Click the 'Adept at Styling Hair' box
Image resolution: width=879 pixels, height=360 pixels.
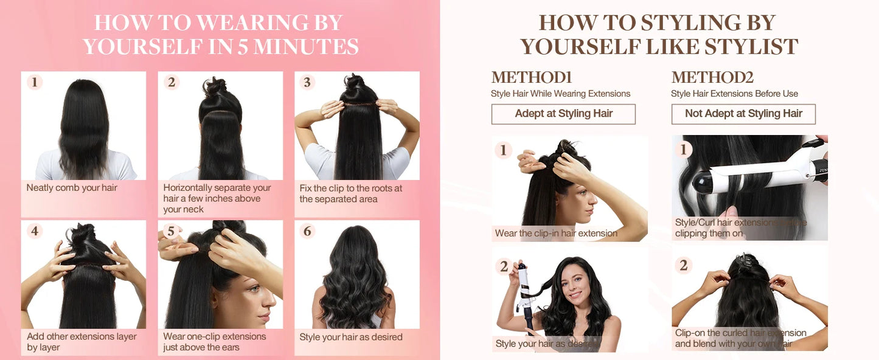click(563, 114)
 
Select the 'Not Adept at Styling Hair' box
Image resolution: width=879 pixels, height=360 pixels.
click(743, 114)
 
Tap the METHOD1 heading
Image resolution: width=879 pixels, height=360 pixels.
click(532, 78)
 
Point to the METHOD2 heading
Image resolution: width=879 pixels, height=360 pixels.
click(712, 78)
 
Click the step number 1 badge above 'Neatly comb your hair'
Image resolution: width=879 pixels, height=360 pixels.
click(35, 82)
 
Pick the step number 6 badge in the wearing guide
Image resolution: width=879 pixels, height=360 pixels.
click(307, 231)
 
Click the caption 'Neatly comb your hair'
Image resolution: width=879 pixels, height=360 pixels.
click(72, 188)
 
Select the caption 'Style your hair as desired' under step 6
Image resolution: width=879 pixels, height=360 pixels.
click(351, 337)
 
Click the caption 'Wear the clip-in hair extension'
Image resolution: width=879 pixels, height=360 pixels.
click(556, 234)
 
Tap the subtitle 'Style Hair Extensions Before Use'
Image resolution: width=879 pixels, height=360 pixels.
click(734, 94)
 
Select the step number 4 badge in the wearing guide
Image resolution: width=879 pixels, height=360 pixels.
click(35, 231)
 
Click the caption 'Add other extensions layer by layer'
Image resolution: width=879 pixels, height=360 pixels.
click(82, 342)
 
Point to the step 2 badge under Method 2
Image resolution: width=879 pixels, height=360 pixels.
click(684, 265)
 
